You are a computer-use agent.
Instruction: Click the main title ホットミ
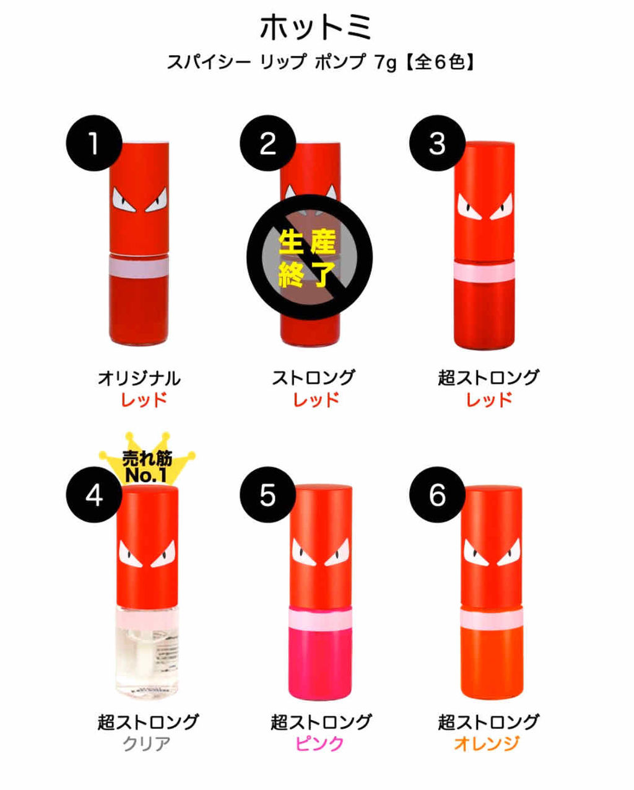click(316, 28)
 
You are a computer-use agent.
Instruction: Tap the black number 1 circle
click(93, 144)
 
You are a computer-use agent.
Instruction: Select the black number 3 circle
click(437, 144)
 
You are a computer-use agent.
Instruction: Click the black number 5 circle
click(267, 495)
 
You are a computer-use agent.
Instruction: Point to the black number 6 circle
click(437, 495)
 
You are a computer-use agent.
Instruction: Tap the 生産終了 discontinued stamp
click(309, 258)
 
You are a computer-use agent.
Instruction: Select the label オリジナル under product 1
click(139, 377)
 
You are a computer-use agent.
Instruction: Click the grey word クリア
click(146, 743)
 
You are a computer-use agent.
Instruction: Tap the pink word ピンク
click(319, 743)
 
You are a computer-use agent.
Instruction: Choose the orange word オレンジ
click(487, 743)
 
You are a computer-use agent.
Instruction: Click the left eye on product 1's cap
click(124, 202)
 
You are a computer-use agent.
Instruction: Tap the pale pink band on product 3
click(485, 271)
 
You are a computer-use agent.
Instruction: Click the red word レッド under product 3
click(489, 399)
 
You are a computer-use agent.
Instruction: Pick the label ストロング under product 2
click(314, 377)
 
